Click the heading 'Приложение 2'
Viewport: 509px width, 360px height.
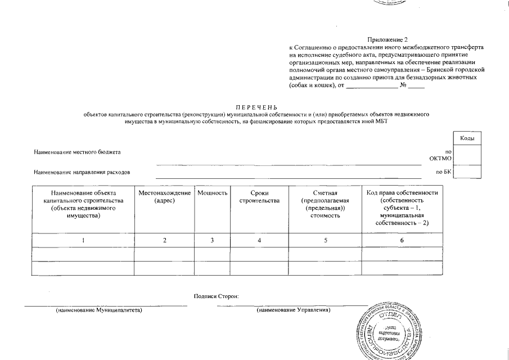(386, 40)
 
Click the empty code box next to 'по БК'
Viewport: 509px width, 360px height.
(467, 172)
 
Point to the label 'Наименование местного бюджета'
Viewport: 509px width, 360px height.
(77, 152)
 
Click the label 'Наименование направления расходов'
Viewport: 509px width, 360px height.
(82, 172)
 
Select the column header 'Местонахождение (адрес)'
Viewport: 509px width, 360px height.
(164, 197)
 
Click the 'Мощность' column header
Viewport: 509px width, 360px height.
(212, 193)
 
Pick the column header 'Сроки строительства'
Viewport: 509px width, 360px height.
(259, 197)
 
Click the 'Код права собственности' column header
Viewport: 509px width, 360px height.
(402, 208)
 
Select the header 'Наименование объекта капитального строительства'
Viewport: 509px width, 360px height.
(83, 204)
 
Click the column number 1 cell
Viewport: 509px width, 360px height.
(83, 240)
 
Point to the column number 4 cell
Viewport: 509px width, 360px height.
(259, 240)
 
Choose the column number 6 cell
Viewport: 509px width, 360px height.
(402, 240)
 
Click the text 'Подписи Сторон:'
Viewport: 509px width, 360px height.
(216, 296)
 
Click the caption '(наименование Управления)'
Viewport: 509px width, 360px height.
(294, 310)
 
